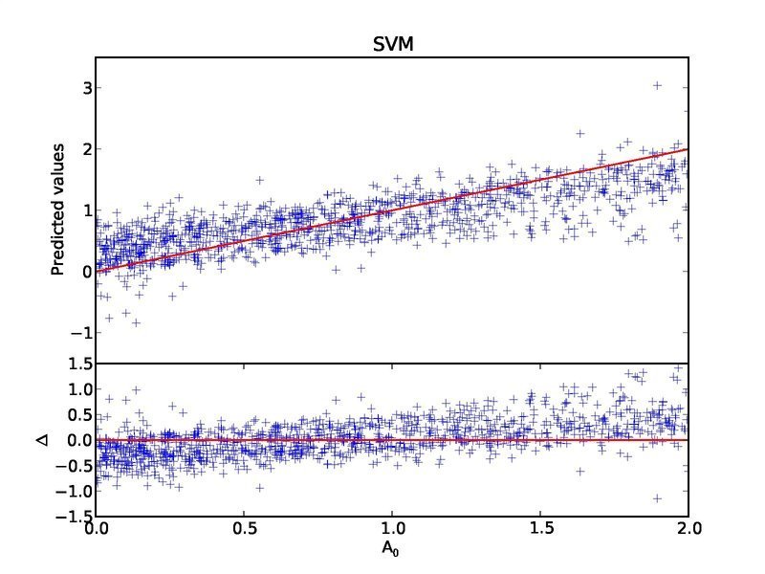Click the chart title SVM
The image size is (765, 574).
tap(391, 44)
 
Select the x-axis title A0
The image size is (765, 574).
tap(391, 551)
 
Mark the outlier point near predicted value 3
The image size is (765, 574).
tap(657, 85)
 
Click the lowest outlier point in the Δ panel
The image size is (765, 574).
tap(657, 498)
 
